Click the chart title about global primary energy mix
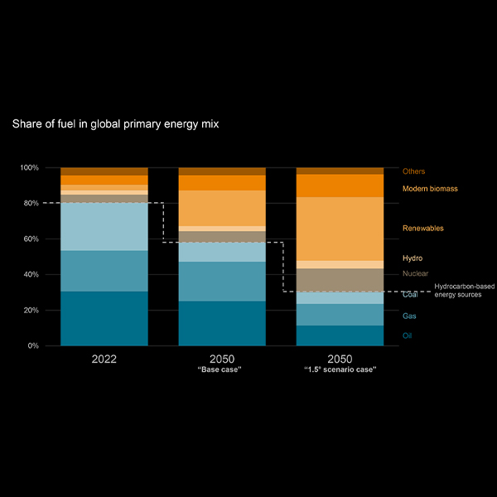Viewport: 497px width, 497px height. point(115,124)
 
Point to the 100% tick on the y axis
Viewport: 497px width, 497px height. point(30,168)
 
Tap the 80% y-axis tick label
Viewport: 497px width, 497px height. point(31,204)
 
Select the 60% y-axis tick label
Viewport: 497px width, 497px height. point(31,239)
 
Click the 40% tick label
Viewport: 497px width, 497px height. point(31,275)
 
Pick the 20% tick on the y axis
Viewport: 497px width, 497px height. point(31,311)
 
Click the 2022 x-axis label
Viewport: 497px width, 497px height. point(104,359)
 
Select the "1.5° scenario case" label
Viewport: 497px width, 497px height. point(340,370)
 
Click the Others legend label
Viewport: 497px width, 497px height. point(413,171)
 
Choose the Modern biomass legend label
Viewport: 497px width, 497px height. point(430,189)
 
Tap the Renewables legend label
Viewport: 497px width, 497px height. point(422,228)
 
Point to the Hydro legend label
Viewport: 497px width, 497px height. point(413,258)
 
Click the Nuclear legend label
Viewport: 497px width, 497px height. point(415,273)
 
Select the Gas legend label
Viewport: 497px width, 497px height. point(409,316)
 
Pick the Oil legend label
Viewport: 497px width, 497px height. point(407,335)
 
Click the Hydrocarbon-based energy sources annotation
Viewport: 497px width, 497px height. point(464,291)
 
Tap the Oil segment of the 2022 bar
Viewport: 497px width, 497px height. point(104,319)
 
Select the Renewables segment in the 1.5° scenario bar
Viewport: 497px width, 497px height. point(340,229)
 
